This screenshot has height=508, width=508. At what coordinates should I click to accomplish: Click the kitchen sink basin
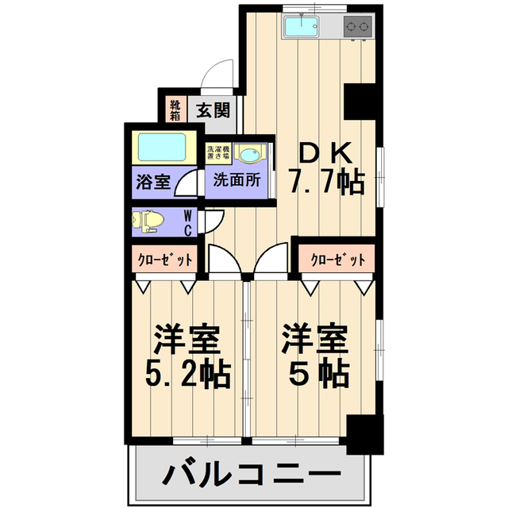(302, 26)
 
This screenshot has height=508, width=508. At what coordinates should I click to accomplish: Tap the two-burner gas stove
(357, 26)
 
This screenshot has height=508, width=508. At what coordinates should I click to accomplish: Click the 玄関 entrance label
(214, 110)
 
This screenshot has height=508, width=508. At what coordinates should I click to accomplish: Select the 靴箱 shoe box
(175, 110)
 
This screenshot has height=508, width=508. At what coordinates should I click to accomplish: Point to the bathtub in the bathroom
(162, 148)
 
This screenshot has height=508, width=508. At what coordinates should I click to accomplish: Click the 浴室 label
(153, 182)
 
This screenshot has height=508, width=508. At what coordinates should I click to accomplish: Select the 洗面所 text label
(237, 180)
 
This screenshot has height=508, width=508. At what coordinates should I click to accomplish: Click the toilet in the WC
(148, 221)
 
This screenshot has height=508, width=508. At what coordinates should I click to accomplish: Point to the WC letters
(187, 223)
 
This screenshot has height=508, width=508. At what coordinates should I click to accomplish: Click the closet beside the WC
(164, 259)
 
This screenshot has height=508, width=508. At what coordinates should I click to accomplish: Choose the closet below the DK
(337, 259)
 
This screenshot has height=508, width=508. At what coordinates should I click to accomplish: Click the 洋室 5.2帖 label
(188, 356)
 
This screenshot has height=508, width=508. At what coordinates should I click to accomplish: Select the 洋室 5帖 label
(316, 356)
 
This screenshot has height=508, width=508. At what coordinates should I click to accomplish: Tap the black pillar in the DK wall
(360, 102)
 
